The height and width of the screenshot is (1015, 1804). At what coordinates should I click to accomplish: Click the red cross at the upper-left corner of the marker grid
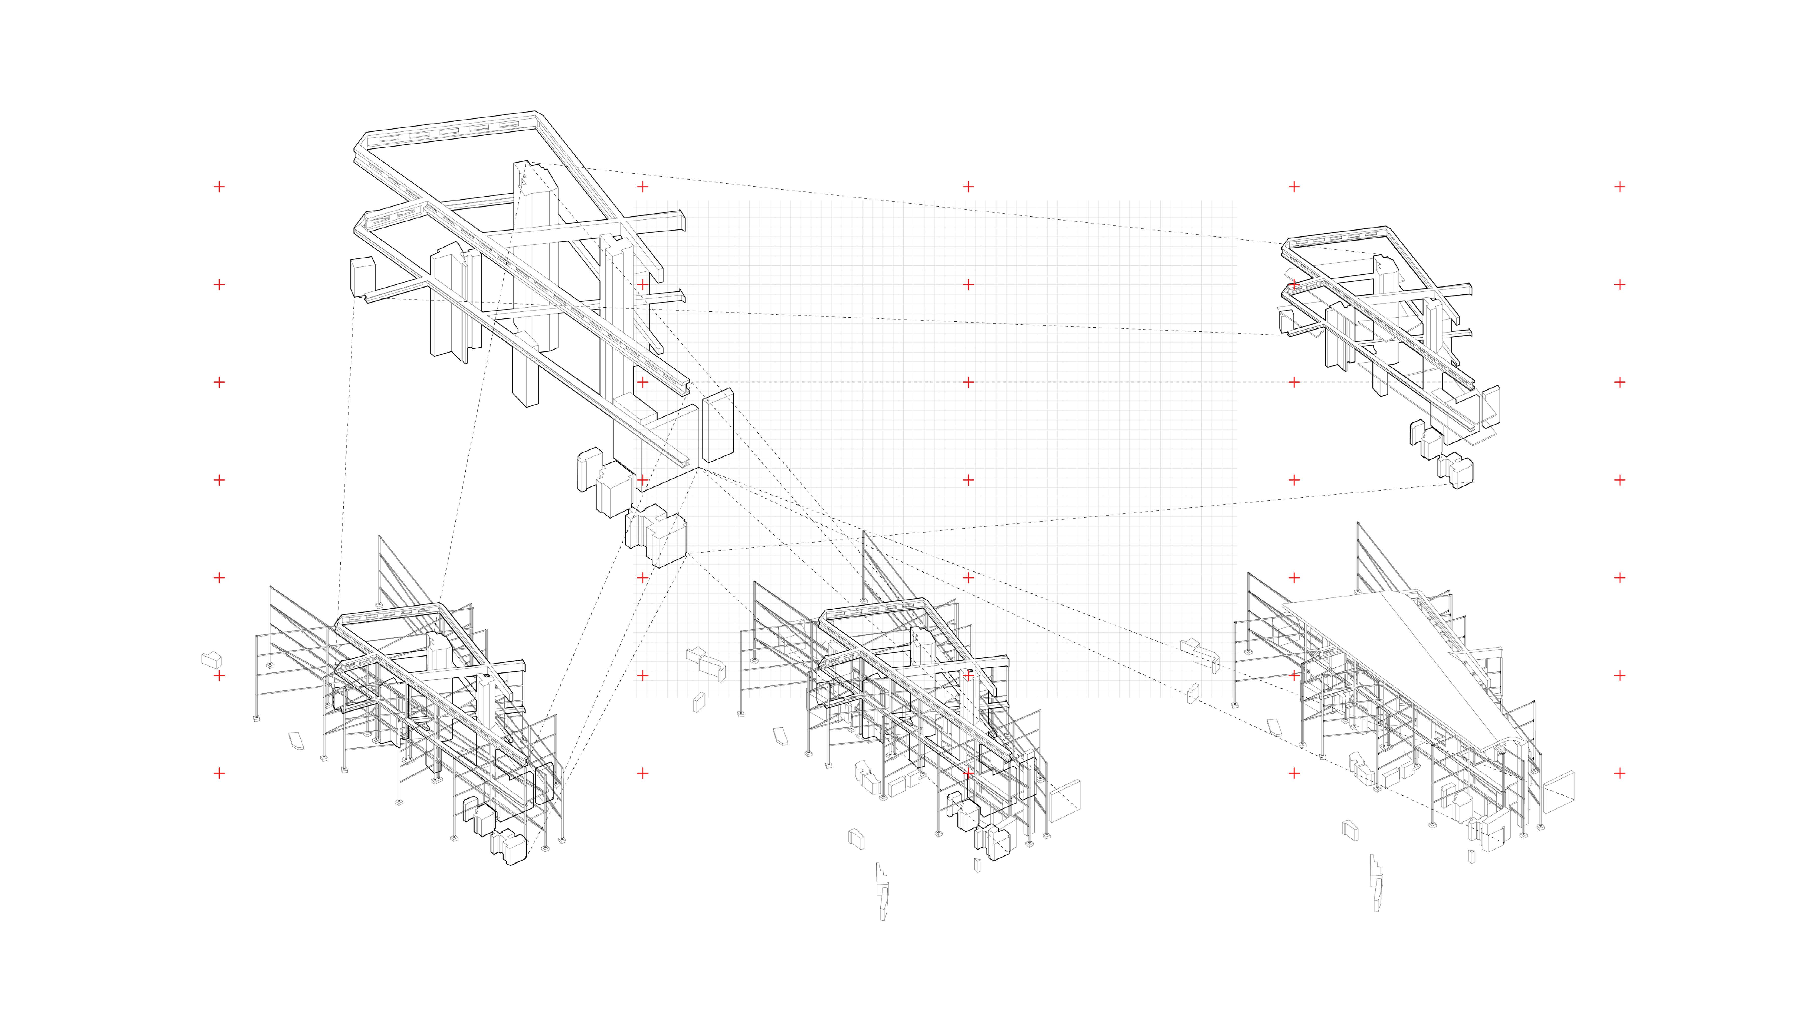click(x=219, y=186)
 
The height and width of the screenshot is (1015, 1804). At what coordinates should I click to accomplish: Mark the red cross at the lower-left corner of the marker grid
click(x=219, y=773)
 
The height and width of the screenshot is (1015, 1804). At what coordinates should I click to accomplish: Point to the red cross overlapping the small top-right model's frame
click(x=1294, y=284)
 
